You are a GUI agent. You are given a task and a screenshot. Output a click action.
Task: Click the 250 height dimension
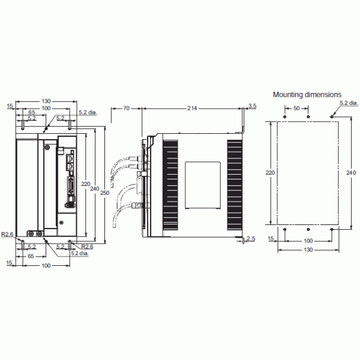tap(104, 193)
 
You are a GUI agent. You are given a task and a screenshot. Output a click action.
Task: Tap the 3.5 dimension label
tap(252, 106)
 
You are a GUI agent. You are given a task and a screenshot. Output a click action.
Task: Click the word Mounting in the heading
tap(288, 94)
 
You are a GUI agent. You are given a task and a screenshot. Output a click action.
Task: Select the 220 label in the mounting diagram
tap(270, 172)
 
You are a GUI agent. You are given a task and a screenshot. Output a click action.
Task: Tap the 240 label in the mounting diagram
tap(351, 172)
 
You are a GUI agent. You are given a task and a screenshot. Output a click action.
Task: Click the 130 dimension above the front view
tap(46, 101)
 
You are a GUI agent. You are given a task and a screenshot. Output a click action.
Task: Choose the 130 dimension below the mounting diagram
tap(308, 249)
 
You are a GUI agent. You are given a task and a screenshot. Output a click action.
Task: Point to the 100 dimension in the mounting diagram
tap(308, 239)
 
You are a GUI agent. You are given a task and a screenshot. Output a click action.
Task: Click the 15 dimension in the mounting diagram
tap(271, 239)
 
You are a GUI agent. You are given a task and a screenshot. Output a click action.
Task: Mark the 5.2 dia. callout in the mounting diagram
tap(348, 103)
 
